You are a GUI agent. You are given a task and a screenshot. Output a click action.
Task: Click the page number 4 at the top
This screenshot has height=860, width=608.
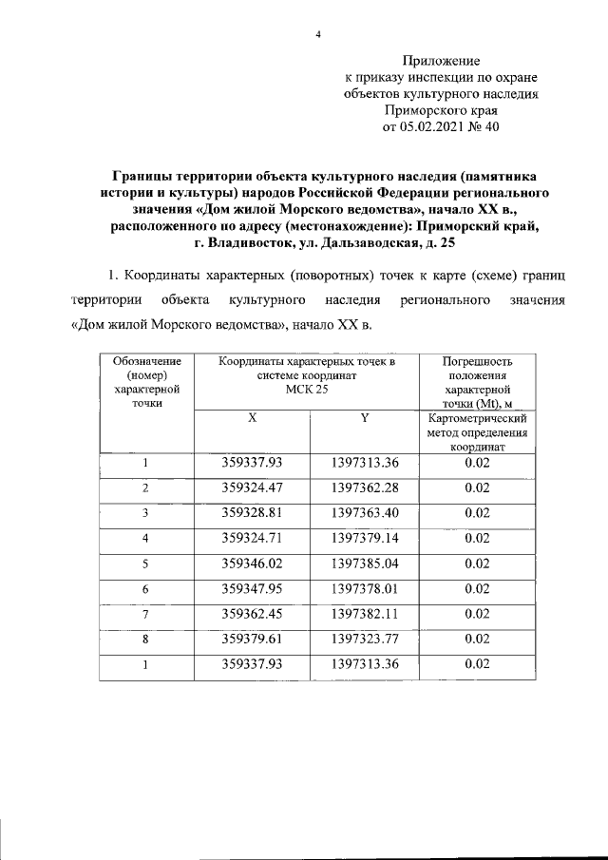(x=319, y=35)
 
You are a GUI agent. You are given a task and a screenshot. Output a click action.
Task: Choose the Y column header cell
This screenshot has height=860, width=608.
(x=365, y=418)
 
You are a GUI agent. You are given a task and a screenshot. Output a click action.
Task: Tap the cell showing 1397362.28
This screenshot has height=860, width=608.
(x=365, y=487)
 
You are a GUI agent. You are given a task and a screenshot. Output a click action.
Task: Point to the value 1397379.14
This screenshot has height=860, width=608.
(x=365, y=537)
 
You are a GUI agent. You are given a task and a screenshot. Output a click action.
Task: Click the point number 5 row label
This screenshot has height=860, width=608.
(x=145, y=562)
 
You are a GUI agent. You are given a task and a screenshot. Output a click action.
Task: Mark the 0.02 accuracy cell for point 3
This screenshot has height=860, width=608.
(x=477, y=512)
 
